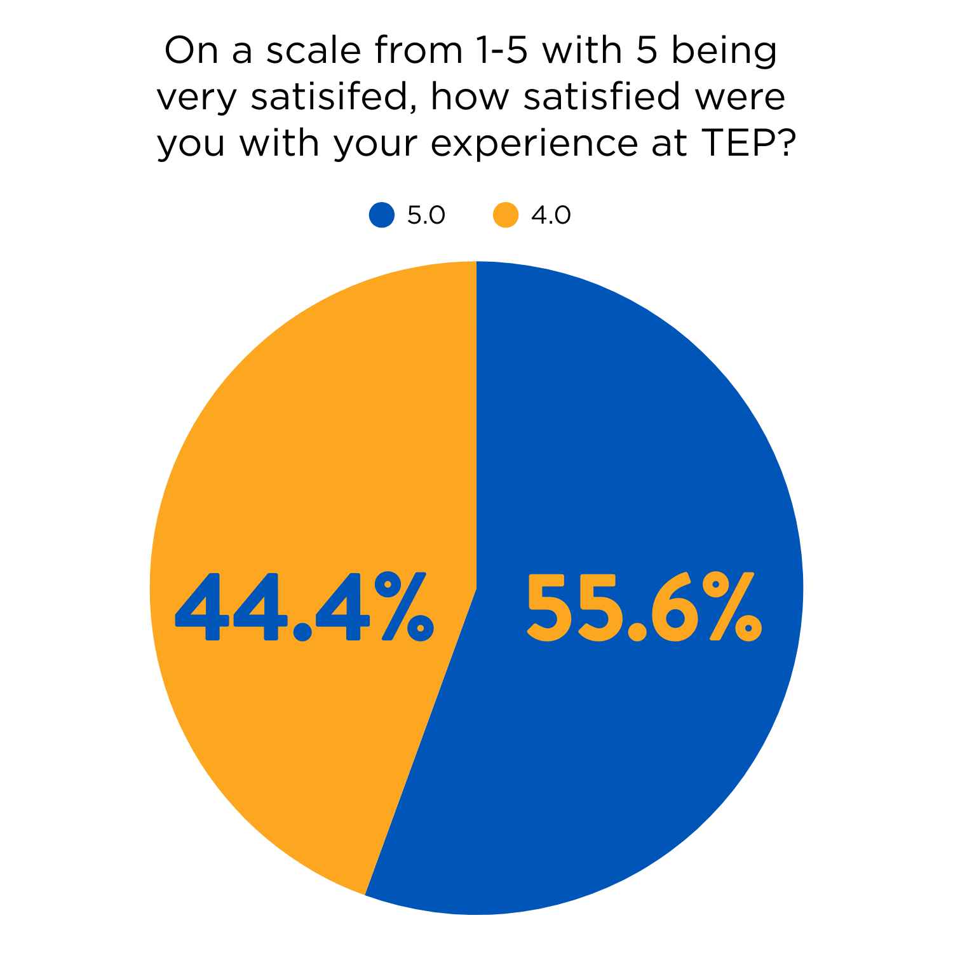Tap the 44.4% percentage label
[x=304, y=606]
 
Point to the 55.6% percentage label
[x=644, y=606]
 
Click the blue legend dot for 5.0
[x=381, y=215]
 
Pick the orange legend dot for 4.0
[x=506, y=215]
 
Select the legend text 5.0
[x=426, y=215]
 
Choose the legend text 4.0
[x=551, y=215]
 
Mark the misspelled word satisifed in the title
[x=333, y=97]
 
